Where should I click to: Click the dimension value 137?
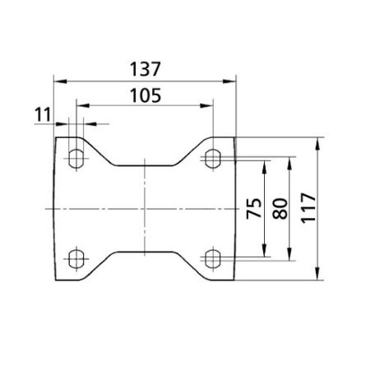[145, 69]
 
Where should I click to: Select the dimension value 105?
[146, 95]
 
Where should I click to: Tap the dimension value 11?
[43, 114]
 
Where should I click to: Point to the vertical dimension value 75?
[254, 208]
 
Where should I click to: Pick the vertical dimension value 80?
[280, 208]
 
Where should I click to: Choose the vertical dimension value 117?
[308, 208]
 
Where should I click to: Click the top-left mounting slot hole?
[76, 159]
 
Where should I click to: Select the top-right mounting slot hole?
[213, 159]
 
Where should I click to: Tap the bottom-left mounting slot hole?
[76, 259]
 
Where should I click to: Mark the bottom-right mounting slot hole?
[213, 259]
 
